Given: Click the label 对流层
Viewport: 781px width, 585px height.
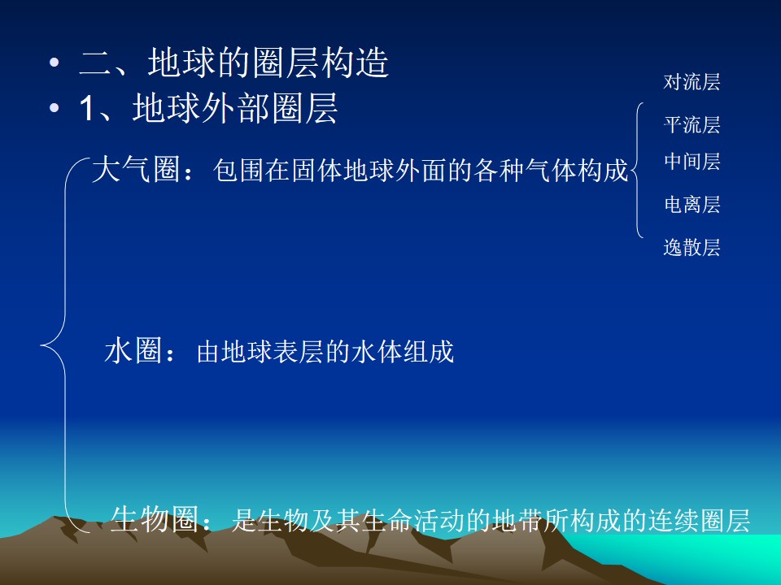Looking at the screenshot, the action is click(692, 82).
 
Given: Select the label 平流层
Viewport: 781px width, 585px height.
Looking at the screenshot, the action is click(692, 125).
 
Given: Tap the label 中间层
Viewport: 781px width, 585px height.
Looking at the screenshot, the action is click(692, 162).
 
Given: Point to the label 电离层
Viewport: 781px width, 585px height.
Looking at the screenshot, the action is click(692, 205).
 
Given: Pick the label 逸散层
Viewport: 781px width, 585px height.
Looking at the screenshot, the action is click(692, 247).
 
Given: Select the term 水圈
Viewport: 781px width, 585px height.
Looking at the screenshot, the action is click(133, 350).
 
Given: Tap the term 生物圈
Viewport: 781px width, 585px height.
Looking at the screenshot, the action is click(155, 520).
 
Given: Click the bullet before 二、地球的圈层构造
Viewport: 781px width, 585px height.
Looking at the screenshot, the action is click(55, 63).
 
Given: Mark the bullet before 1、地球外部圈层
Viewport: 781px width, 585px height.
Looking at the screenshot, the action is click(55, 108).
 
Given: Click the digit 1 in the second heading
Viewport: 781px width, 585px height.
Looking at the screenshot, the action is click(86, 108).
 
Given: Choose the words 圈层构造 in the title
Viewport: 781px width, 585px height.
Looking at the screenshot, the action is click(321, 63).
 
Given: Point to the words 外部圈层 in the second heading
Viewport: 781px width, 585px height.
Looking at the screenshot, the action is click(269, 108).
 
